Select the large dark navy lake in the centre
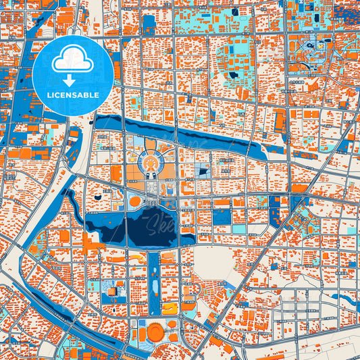[151, 226]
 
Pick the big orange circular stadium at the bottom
[155, 332]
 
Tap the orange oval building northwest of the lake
[135, 201]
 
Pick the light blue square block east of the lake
[222, 217]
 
